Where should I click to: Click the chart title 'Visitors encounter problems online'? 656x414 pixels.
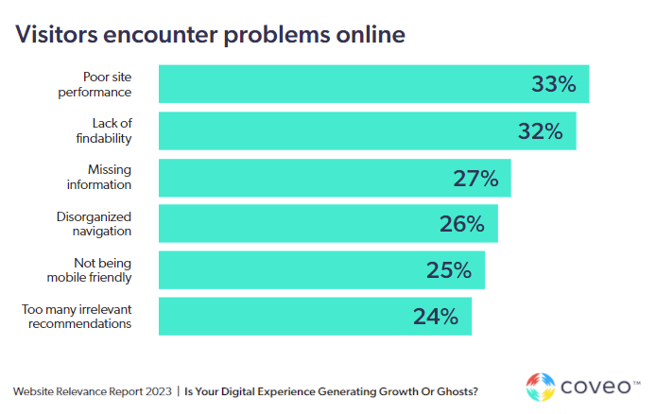(209, 35)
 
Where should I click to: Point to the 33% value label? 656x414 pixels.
(553, 84)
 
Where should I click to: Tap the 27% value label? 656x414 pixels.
(475, 178)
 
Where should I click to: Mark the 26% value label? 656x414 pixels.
(461, 223)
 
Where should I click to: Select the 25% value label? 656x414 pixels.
(448, 270)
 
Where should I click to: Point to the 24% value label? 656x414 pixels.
(435, 316)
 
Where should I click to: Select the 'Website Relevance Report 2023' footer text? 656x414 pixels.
(91, 390)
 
